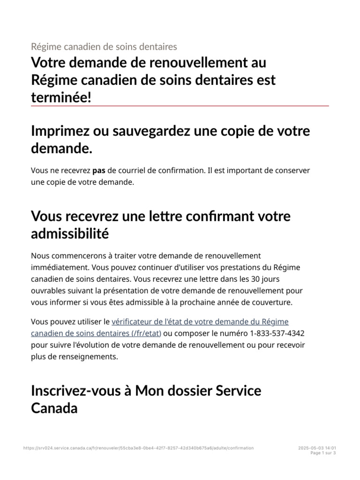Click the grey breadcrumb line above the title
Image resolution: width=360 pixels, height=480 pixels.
point(104,46)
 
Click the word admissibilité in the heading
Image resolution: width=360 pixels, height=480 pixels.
point(70,233)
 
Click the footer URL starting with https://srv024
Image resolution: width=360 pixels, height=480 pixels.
point(138,448)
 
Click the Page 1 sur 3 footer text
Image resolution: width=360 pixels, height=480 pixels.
point(323,453)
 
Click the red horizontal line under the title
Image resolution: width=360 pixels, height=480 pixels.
point(180,106)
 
